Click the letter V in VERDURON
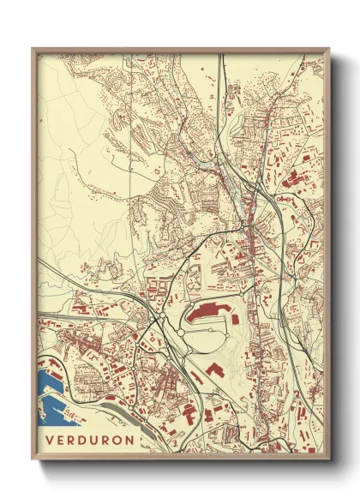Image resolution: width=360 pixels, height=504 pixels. pos(50,440)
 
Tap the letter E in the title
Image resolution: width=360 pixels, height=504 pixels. pos(62,440)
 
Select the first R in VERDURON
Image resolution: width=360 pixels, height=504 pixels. pos(74,440)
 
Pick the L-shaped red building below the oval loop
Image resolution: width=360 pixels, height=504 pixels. pos(213,369)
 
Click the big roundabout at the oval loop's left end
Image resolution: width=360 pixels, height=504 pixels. pos(163,321)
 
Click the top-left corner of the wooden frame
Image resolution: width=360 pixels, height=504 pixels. pos(33,50)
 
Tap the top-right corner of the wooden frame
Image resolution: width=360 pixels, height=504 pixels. pos(328,50)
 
